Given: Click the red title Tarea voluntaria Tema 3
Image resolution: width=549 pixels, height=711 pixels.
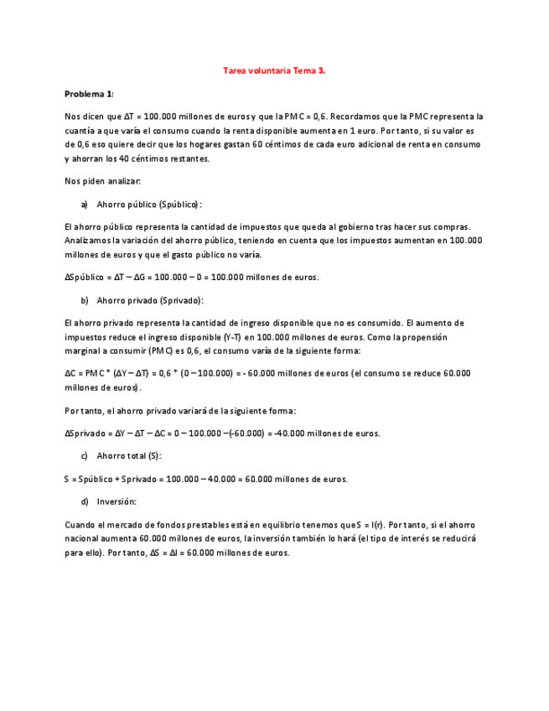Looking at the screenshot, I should click(274, 71).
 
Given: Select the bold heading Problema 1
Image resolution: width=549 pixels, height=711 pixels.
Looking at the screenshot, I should click(89, 93).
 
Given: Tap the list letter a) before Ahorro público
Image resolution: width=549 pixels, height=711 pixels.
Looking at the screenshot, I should click(84, 204).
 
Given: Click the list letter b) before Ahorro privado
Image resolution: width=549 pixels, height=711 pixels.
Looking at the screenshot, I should click(84, 300).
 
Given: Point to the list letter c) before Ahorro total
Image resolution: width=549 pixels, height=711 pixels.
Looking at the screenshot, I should click(84, 455).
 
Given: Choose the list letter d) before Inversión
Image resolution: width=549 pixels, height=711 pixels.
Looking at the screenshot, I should click(84, 501).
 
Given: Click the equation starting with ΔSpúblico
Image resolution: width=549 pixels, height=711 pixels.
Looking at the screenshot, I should click(191, 278).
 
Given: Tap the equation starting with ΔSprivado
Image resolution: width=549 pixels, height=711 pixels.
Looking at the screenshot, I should click(222, 433).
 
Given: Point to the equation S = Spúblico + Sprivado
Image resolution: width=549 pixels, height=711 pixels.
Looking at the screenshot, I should click(205, 479).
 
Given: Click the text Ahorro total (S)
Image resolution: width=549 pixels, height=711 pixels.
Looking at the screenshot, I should click(129, 455).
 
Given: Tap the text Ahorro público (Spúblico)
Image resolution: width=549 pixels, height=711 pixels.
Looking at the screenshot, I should click(149, 204).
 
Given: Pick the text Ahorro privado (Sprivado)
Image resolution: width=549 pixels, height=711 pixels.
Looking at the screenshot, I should click(150, 300).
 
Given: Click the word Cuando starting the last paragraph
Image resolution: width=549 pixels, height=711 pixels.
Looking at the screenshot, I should click(80, 524).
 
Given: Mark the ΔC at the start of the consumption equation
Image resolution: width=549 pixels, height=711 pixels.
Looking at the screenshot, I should click(70, 374).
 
